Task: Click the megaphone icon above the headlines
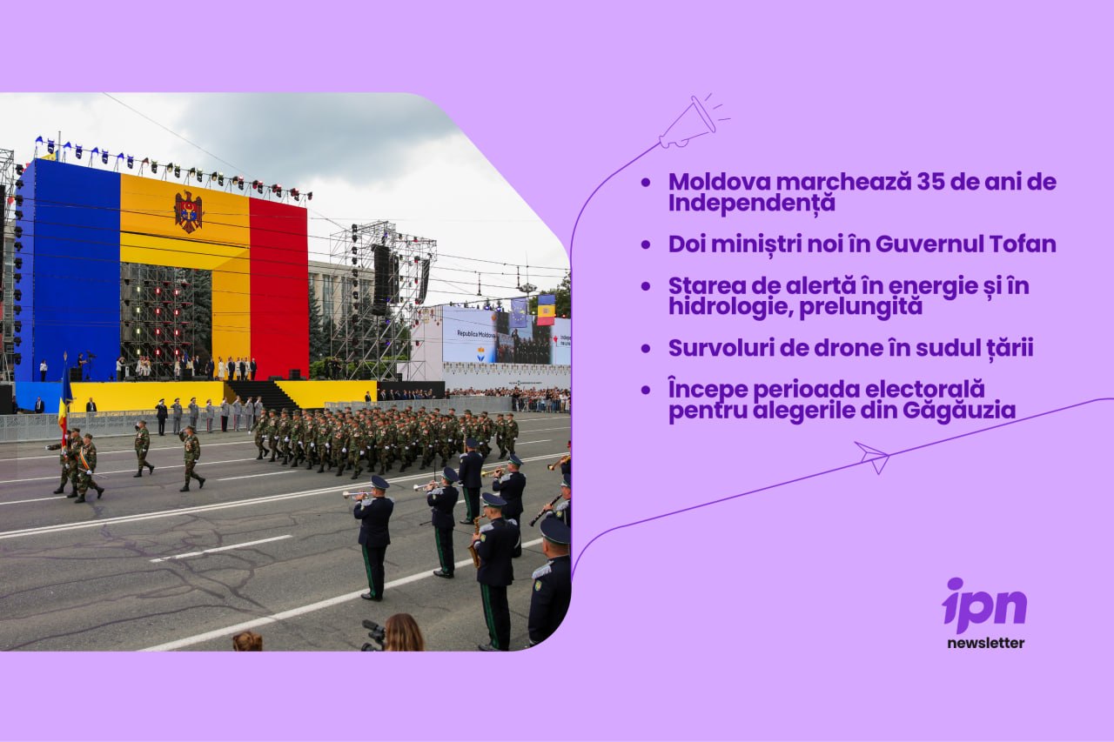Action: pos(692,123)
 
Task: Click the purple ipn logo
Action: pos(984,605)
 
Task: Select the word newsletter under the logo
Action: pos(986,643)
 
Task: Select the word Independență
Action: pos(751,204)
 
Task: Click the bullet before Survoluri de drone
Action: pos(646,349)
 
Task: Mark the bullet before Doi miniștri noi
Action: pos(646,244)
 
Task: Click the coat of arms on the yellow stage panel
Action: pos(188,211)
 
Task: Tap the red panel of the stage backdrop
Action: pos(278,288)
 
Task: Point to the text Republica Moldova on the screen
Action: pos(475,333)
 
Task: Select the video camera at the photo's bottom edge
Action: pos(373,635)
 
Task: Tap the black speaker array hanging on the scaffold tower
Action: pos(381,279)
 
